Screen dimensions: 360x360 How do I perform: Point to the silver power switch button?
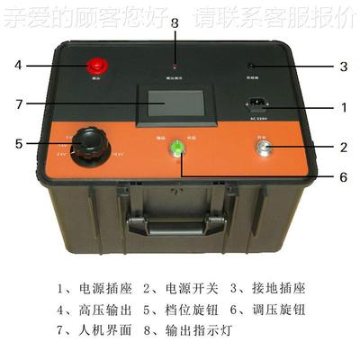pyautogui.click(x=263, y=148)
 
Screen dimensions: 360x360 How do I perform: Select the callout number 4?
pyautogui.click(x=17, y=65)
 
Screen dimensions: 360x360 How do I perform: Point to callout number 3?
pyautogui.click(x=343, y=66)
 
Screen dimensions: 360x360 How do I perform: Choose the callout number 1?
pyautogui.click(x=343, y=106)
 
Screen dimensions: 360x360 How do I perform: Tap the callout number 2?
pyautogui.click(x=343, y=147)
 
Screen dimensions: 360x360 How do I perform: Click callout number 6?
pyautogui.click(x=343, y=176)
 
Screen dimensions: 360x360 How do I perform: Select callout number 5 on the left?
pyautogui.click(x=17, y=142)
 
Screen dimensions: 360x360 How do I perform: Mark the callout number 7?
pyautogui.click(x=17, y=103)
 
